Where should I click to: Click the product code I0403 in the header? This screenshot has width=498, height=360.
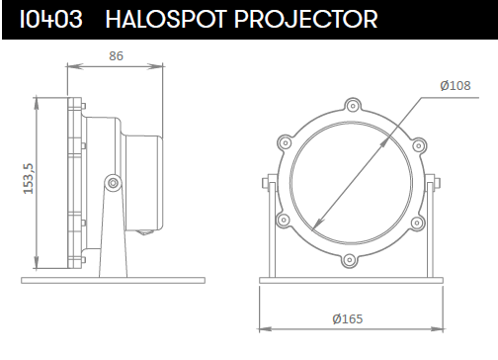51,19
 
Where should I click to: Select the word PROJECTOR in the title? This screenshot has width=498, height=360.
306,19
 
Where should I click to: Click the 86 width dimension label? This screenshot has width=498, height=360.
116,56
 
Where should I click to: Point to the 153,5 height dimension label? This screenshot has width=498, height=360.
29,179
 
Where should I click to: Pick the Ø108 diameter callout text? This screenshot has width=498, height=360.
456,86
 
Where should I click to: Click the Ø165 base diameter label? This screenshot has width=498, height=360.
348,319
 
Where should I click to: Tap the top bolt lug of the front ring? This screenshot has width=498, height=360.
353,106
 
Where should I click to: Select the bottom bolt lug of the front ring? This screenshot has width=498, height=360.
349,260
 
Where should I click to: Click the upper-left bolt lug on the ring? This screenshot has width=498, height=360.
285,143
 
